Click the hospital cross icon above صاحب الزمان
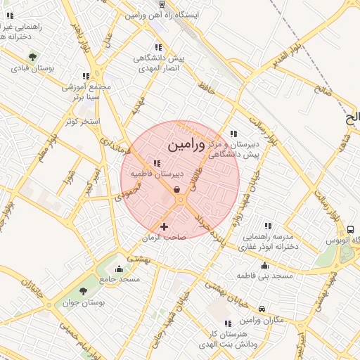[164, 226]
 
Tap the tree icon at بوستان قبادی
[30, 56]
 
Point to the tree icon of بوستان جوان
[83, 290]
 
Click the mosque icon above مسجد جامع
[118, 268]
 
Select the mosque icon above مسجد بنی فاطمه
[264, 265]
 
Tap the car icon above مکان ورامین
[262, 309]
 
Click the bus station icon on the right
[350, 229]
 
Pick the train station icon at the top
[162, 4]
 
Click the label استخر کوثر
[82, 122]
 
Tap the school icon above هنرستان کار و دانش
[226, 323]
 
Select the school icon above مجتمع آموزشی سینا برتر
[86, 76]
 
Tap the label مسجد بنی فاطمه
[264, 276]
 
